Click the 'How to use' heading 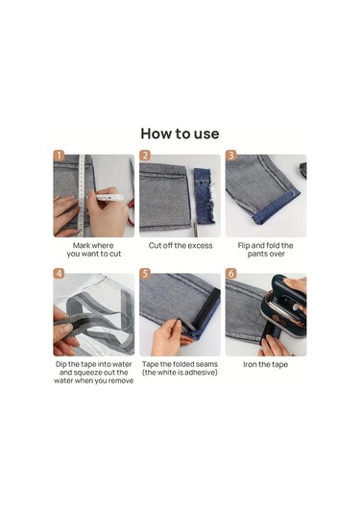click(x=180, y=134)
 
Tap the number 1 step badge click(x=59, y=156)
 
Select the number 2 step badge click(x=145, y=156)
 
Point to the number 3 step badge click(x=231, y=156)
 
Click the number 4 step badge click(x=59, y=274)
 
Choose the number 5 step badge click(x=145, y=274)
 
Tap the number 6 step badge click(x=231, y=274)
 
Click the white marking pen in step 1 click(x=106, y=197)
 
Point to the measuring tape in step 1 click(x=82, y=195)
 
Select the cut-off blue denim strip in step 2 click(x=204, y=196)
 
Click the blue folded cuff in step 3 click(x=277, y=208)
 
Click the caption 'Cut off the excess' click(x=180, y=246)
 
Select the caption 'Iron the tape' click(x=266, y=364)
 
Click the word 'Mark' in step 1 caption click(x=82, y=246)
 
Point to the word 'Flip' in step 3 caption click(x=244, y=246)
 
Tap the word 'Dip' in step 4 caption click(x=61, y=364)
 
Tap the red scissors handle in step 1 click(x=131, y=212)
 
